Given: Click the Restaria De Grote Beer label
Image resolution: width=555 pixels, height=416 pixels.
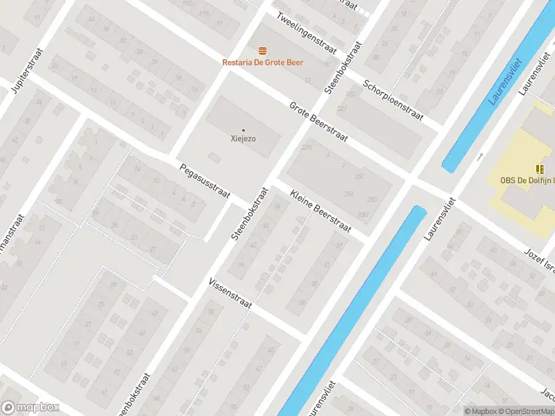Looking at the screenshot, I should coord(262,62).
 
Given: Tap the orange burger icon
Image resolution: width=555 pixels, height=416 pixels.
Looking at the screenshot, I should coord(262,51).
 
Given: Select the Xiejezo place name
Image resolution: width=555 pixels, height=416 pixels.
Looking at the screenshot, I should coord(243,139).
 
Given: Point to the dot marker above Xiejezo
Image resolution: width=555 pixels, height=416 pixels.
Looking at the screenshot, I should coord(243,130).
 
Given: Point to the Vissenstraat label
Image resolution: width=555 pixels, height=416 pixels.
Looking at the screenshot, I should coord(232,295).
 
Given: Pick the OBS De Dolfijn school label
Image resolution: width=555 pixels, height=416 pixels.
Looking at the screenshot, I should coord(528,181).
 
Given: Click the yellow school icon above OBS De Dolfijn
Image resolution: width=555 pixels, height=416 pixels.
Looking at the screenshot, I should coord(540,169).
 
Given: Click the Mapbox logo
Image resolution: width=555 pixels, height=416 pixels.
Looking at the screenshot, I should coord(31,408).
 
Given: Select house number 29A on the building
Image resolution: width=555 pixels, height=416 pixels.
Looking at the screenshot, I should coord(349,195).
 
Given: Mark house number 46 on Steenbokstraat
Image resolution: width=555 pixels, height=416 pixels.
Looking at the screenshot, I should coord(241,264).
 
